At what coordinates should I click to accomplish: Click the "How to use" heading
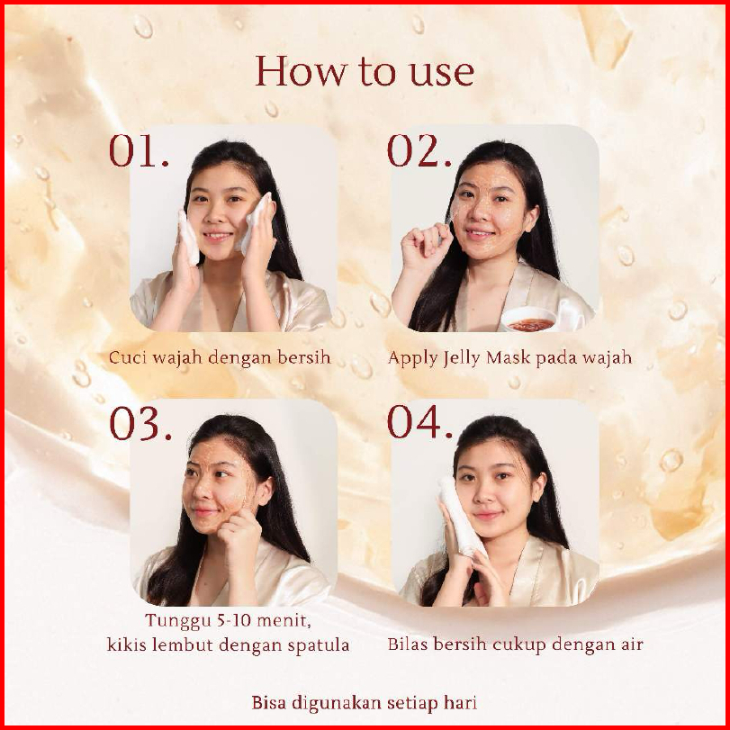pos(365,71)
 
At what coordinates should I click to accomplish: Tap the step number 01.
pos(139,150)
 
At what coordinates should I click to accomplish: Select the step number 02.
pos(419,150)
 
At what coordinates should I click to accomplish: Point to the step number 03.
pos(140,423)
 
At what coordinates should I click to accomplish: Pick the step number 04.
pos(420,422)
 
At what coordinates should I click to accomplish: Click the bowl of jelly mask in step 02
pos(530,320)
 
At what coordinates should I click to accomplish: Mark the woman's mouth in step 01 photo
pos(217,236)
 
